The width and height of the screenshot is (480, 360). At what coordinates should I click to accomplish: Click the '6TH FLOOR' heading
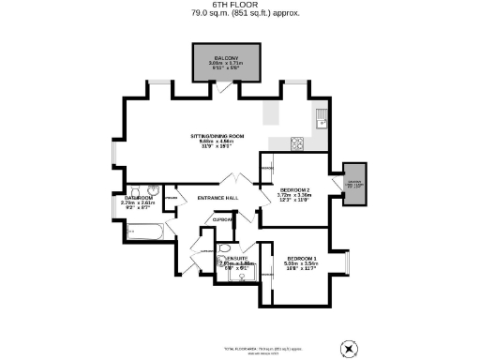[x=239, y=5]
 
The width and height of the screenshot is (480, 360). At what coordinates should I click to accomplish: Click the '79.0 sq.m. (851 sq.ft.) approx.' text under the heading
[x=239, y=13]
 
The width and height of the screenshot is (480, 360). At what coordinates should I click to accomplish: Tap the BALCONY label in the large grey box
[x=226, y=58]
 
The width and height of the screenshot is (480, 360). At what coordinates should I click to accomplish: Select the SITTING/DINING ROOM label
[x=217, y=136]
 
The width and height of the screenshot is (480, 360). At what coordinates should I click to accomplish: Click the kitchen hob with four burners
[x=297, y=143]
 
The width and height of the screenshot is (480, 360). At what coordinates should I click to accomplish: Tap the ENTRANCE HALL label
[x=217, y=198]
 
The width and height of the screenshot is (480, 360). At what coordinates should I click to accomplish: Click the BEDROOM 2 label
[x=294, y=190]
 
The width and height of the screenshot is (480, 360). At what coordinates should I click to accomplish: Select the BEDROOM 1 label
[x=301, y=257]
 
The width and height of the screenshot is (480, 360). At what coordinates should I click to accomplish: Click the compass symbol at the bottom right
[x=349, y=347]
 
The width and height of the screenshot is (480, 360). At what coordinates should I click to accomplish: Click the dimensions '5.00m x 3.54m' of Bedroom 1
[x=301, y=264]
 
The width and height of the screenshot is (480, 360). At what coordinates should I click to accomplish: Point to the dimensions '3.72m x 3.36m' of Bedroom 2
[x=294, y=197]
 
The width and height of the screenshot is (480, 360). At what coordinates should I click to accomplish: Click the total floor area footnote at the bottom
[x=240, y=346]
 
